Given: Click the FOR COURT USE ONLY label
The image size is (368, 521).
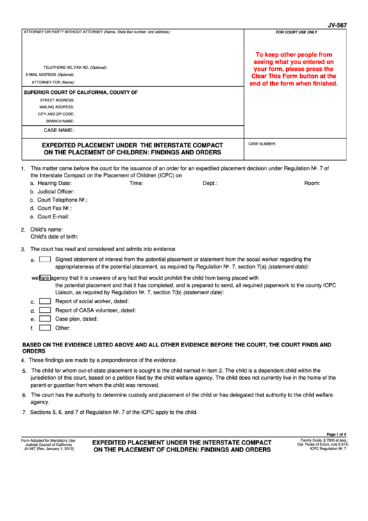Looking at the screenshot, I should click(x=296, y=33).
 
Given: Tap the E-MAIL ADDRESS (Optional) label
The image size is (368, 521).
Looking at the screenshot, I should click(x=49, y=74).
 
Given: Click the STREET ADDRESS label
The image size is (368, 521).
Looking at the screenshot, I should click(x=58, y=100).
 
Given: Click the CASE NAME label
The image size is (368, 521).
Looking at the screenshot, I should click(x=59, y=130).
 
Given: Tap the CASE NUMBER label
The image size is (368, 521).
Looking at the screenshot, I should click(x=262, y=144).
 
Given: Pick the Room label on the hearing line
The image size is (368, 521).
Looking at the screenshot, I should click(x=312, y=184).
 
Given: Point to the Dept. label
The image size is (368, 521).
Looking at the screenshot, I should click(x=210, y=184).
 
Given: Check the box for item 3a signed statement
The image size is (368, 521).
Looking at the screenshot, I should click(x=44, y=259).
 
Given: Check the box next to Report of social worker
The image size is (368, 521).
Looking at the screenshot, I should click(x=44, y=301).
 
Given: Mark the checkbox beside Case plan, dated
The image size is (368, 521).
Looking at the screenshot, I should click(x=44, y=319).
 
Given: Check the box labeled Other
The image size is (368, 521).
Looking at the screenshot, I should click(x=44, y=327).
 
